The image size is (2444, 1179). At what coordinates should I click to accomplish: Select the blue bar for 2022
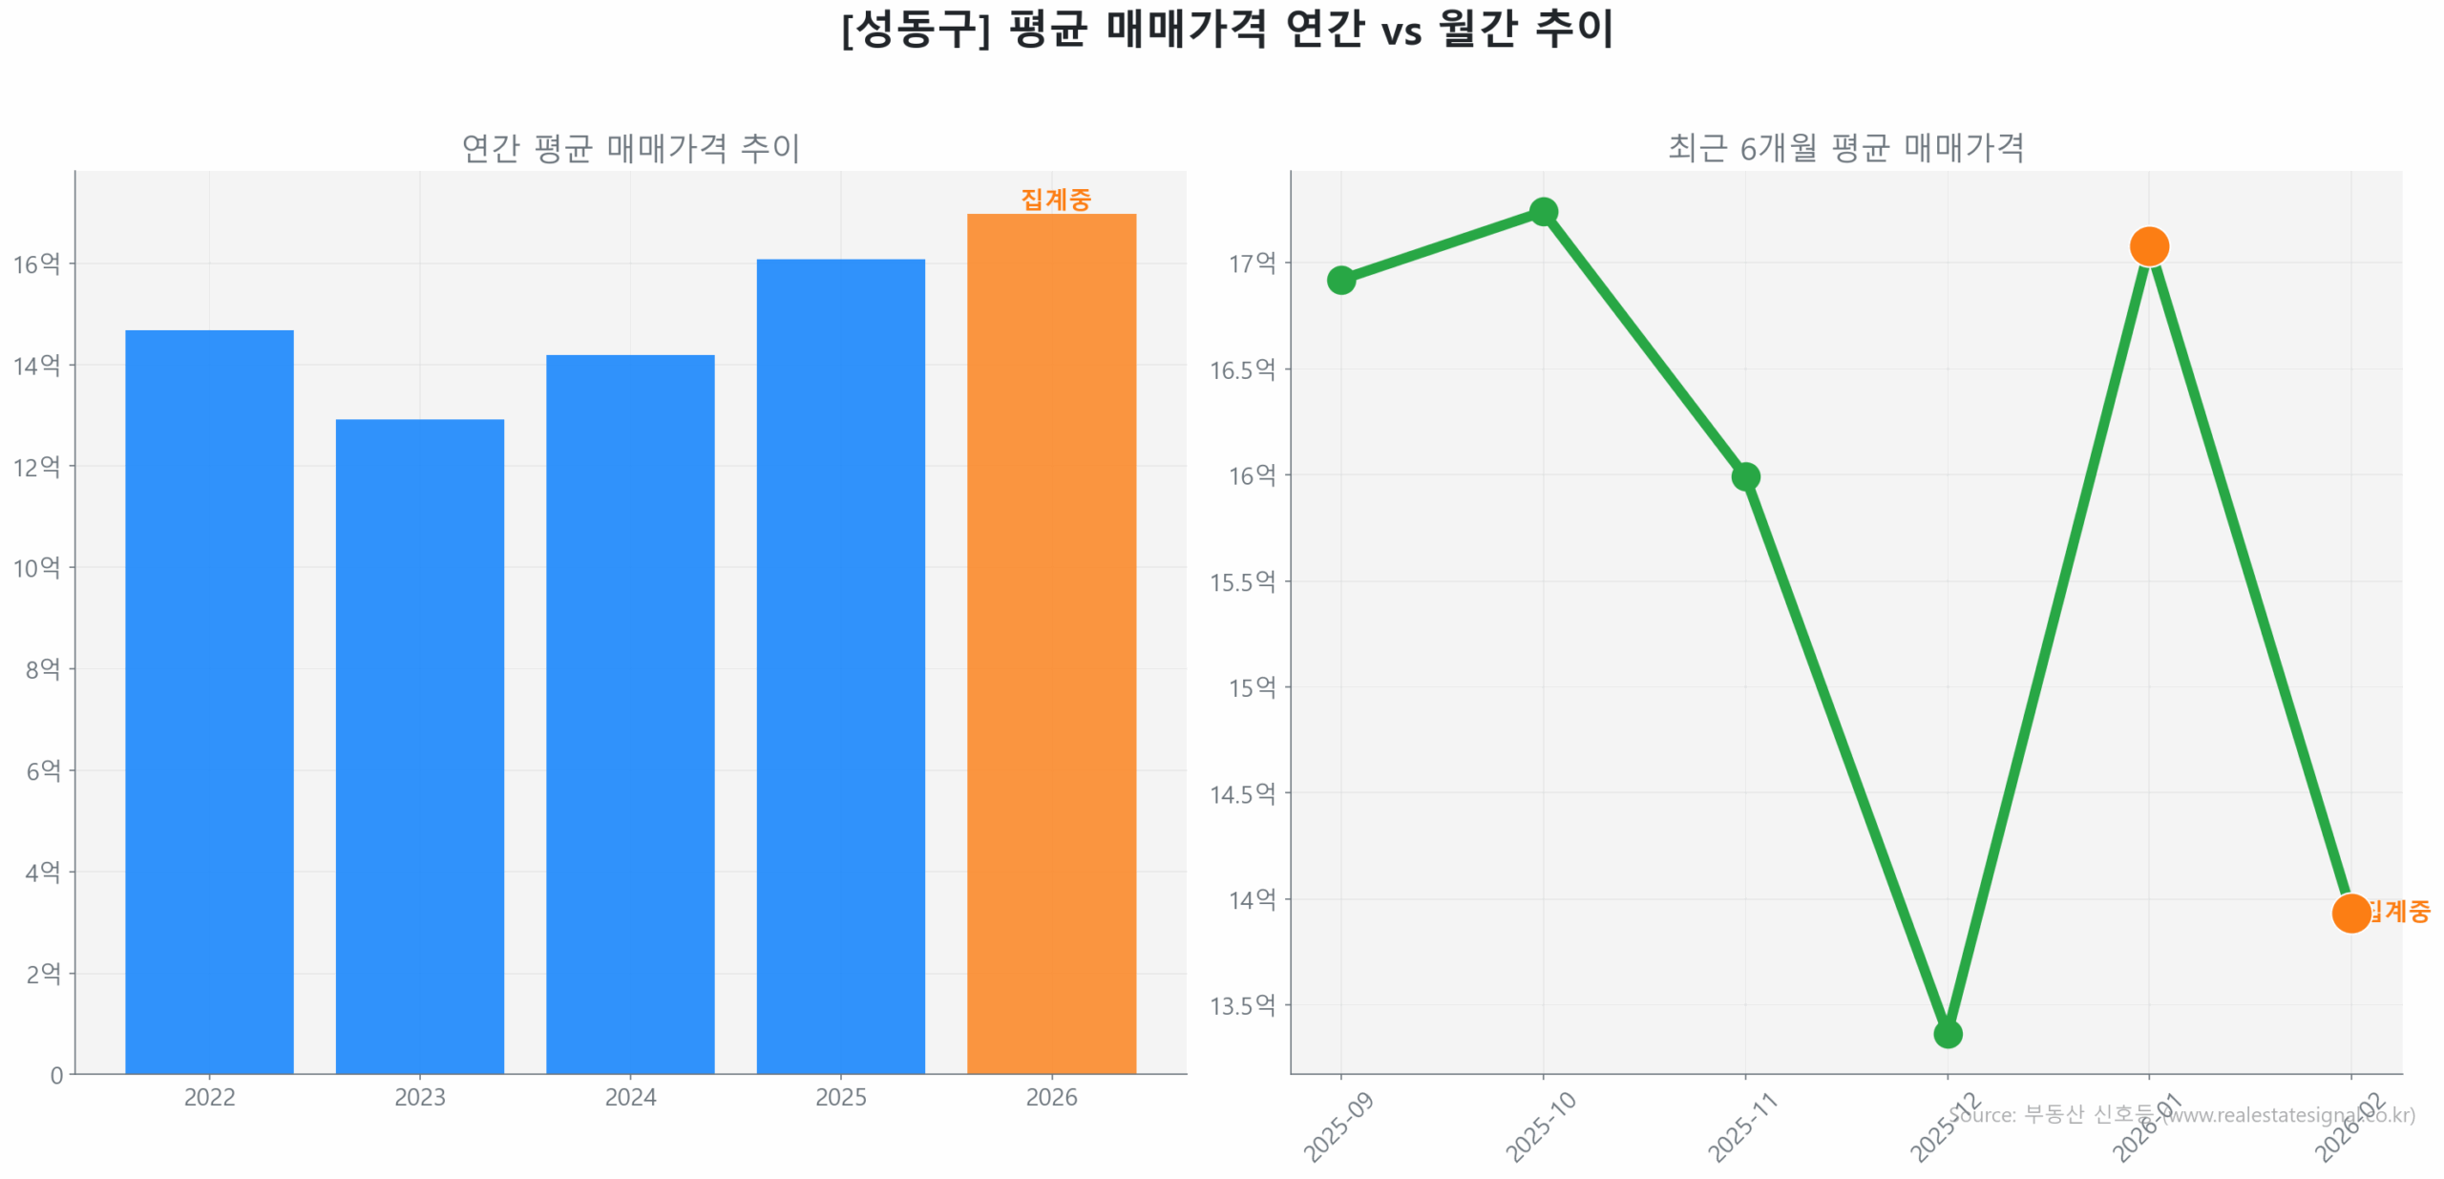(209, 702)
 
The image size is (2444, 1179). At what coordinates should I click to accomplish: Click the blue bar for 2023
(419, 746)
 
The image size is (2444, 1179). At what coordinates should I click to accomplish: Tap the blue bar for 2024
(630, 714)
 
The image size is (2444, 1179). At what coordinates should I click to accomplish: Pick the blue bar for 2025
(840, 666)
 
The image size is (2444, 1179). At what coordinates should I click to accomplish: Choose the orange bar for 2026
(1051, 643)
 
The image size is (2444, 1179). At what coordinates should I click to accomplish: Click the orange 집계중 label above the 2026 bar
(1055, 199)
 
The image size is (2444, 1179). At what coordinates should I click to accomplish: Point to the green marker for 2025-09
(1340, 280)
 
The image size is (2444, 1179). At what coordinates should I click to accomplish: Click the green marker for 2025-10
(1543, 211)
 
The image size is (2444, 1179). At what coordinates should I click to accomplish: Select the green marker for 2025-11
(1745, 476)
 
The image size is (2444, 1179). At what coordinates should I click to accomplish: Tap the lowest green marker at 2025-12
(1948, 1034)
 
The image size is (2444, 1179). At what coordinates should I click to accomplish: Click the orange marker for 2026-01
(2149, 246)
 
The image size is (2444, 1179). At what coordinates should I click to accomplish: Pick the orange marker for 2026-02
(2350, 913)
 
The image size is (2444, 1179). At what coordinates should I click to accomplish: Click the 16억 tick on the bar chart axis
(36, 263)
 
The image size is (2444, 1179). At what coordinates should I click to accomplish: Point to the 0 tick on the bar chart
(56, 1076)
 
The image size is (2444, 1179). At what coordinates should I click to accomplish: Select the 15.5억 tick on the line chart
(1242, 581)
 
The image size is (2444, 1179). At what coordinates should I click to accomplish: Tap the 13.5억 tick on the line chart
(1242, 1005)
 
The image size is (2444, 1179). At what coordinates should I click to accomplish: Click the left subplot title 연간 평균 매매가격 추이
(630, 148)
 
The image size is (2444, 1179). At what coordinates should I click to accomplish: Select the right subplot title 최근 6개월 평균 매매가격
(1845, 148)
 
